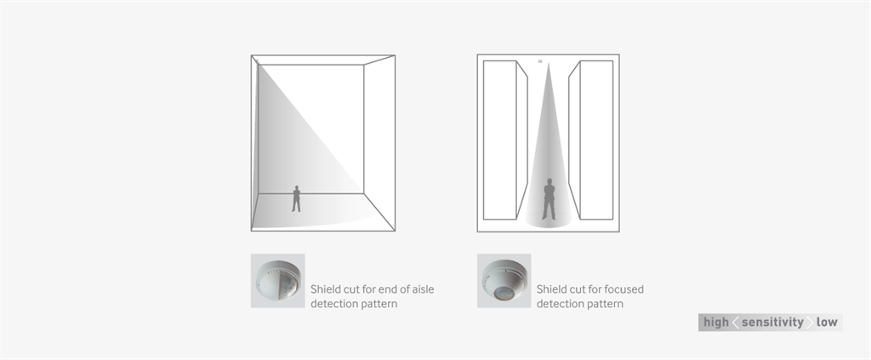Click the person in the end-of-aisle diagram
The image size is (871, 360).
pyautogui.click(x=296, y=199)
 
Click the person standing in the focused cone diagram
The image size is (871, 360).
pyautogui.click(x=549, y=199)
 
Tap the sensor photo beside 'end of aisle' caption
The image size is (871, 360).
pyautogui.click(x=278, y=281)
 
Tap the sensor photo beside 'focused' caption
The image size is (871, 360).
pyautogui.click(x=504, y=281)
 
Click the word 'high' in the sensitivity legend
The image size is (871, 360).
pyautogui.click(x=716, y=323)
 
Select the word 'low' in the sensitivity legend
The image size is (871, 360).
pyautogui.click(x=827, y=323)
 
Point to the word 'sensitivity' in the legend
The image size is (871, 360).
pyautogui.click(x=772, y=323)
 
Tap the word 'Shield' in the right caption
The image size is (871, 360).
pyautogui.click(x=551, y=289)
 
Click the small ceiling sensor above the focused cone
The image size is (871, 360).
pyautogui.click(x=540, y=61)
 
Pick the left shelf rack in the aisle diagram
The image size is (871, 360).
pyautogui.click(x=505, y=140)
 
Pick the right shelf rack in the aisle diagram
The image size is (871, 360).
pyautogui.click(x=591, y=140)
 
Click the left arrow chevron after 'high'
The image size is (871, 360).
pyautogui.click(x=736, y=323)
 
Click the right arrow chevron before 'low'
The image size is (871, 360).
pyautogui.click(x=810, y=323)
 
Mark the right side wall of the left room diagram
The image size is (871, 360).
pyautogui.click(x=379, y=143)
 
